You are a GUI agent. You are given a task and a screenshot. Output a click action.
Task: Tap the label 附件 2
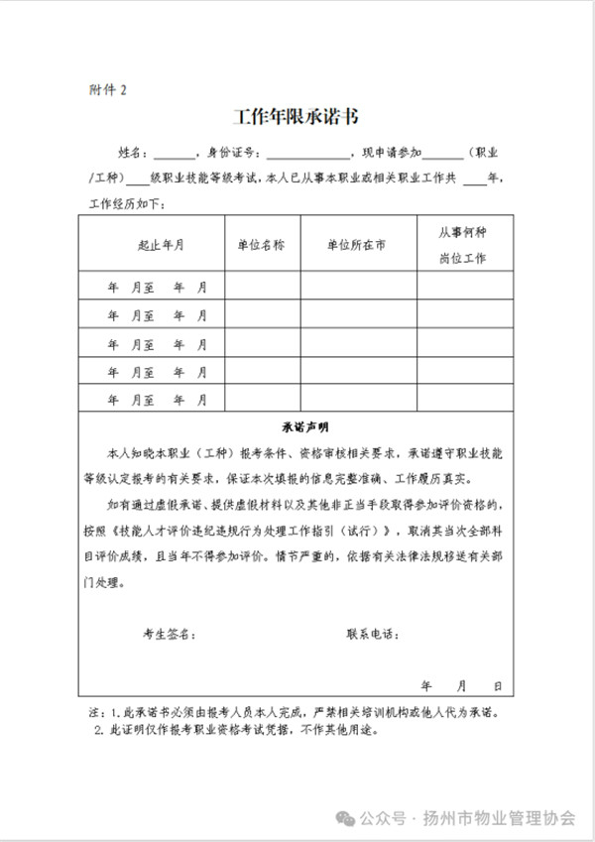tap(108, 90)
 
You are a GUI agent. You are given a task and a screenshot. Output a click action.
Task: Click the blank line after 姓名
tap(175, 154)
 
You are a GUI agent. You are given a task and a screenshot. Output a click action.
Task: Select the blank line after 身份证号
tap(307, 154)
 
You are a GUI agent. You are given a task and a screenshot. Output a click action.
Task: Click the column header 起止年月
tap(160, 244)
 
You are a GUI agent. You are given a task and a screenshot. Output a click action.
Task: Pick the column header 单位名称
tap(261, 244)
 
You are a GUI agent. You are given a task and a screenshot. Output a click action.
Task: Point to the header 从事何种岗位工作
tap(463, 244)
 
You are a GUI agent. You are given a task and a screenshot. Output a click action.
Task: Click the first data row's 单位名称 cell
tap(262, 287)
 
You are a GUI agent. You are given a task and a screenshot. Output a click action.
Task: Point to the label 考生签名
tap(170, 633)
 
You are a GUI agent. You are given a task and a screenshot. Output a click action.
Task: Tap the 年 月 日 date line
tap(462, 686)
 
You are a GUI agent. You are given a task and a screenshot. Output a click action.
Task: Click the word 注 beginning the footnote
tap(95, 713)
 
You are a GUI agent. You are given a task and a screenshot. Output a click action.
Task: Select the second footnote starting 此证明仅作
tap(238, 731)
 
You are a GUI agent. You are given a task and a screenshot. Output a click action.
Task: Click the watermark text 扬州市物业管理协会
tap(499, 818)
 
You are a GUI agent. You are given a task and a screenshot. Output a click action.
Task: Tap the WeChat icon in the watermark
tap(346, 818)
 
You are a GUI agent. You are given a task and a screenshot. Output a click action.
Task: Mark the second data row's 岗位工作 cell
tap(464, 315)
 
